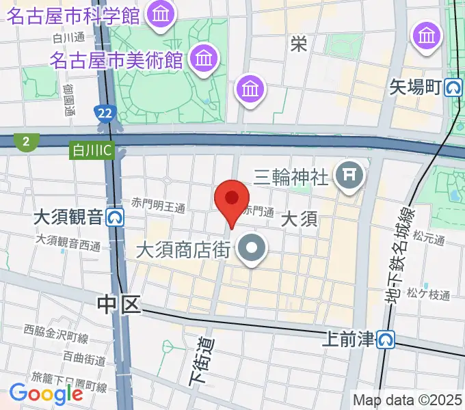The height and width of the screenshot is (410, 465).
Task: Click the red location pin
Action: (232, 200)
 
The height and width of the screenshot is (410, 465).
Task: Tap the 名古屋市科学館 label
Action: (73, 15)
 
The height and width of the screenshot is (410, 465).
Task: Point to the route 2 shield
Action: (26, 141)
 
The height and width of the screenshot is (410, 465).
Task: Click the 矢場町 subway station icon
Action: (453, 87)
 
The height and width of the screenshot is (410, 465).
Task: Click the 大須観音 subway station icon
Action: (116, 217)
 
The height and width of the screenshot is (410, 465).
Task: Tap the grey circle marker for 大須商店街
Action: (254, 250)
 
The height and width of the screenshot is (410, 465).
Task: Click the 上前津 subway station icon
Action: (388, 339)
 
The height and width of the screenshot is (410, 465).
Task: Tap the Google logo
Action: (46, 394)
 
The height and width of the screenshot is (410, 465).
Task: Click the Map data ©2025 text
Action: (408, 400)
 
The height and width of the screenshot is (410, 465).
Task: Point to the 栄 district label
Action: (298, 44)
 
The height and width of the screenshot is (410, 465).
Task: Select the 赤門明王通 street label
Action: (159, 205)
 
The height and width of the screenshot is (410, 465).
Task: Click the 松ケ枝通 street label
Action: (428, 295)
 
